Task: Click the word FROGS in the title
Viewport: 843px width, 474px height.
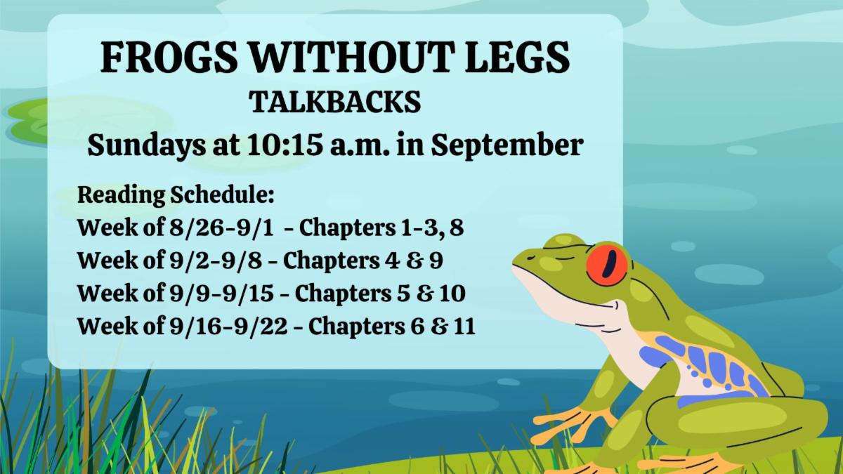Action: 169,57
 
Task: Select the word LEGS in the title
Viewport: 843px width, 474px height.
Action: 517,57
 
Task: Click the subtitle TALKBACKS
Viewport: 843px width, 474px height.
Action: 335,102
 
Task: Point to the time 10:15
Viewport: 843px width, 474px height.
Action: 285,145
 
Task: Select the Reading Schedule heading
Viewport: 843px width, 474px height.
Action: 176,195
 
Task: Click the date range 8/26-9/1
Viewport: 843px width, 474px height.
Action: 221,228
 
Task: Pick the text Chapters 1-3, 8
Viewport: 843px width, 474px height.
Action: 381,228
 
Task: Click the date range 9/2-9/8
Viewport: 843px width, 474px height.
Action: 216,261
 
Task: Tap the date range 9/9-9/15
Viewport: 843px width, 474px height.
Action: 221,293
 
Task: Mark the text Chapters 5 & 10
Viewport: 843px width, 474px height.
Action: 380,294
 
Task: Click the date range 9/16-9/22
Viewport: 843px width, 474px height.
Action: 228,326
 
